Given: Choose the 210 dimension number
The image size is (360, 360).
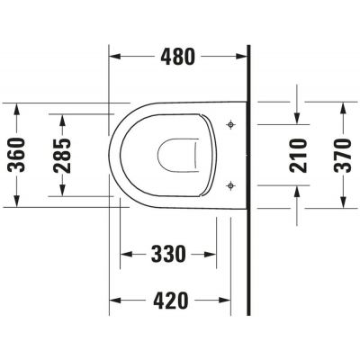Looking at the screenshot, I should point(300,154).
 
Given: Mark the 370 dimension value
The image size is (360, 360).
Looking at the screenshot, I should point(343,154).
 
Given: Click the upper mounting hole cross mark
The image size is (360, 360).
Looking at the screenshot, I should point(231,122).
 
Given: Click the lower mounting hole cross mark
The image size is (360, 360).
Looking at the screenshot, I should point(231,184).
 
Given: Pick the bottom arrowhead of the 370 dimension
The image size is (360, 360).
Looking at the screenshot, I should point(343,202).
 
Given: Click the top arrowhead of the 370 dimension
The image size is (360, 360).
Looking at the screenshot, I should point(343,106).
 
